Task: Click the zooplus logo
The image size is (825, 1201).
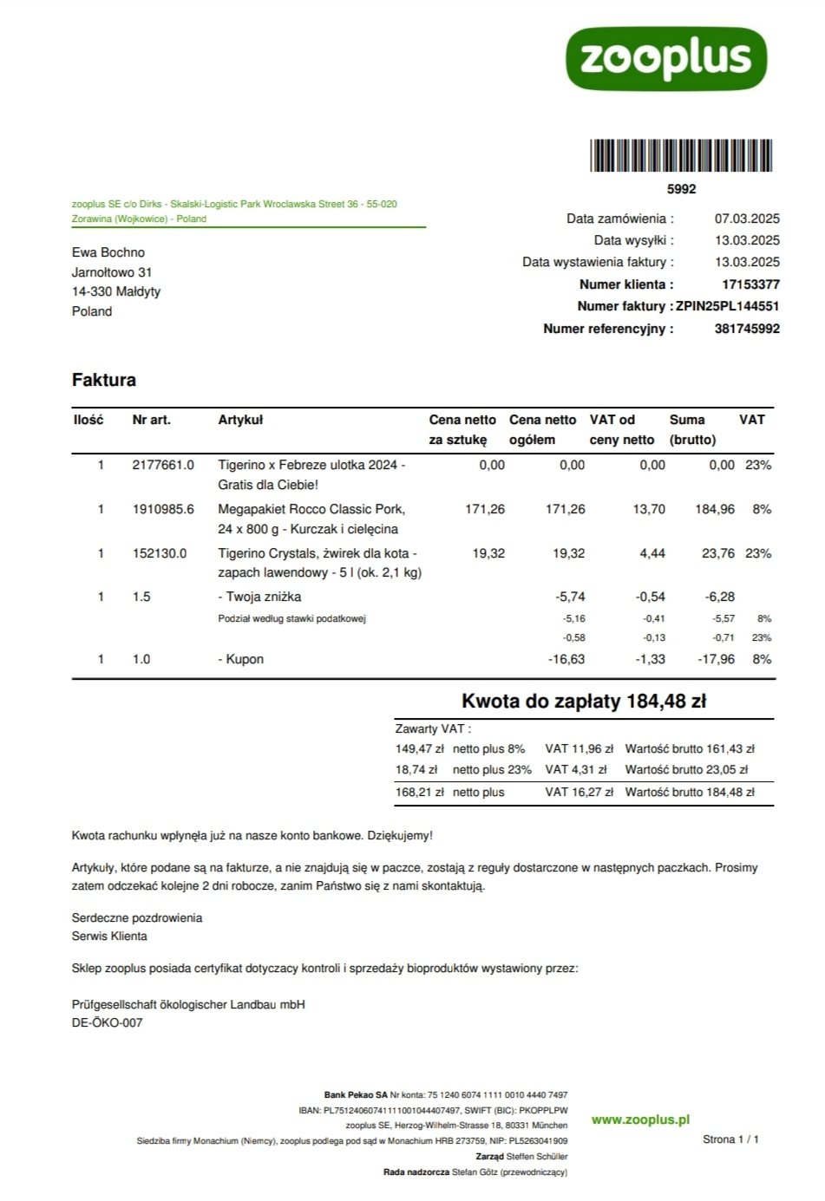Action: coord(665,58)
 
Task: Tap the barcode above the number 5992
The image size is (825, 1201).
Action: coord(681,156)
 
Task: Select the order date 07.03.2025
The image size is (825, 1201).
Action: coord(747,219)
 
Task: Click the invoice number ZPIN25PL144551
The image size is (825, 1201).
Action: coord(727,306)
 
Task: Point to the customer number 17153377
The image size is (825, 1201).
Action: coord(750,284)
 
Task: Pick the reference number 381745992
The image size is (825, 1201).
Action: coord(747,329)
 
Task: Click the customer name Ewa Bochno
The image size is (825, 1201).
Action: coord(108,252)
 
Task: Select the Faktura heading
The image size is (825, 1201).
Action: coord(104,380)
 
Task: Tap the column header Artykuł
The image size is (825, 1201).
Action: coord(240,420)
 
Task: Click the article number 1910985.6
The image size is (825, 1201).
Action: coord(163,509)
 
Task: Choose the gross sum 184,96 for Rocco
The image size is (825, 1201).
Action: coord(714,509)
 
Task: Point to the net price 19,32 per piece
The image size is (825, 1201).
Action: coord(488,553)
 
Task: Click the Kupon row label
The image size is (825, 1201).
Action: coord(241,659)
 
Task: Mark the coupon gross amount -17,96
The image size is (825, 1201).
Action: coord(716,659)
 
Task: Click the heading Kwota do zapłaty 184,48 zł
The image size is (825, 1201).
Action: coord(583,702)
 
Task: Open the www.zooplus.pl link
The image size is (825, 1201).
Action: coord(640,1119)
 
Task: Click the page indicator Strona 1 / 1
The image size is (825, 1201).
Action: coord(730,1139)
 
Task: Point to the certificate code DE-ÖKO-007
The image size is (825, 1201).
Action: coord(107,1022)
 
